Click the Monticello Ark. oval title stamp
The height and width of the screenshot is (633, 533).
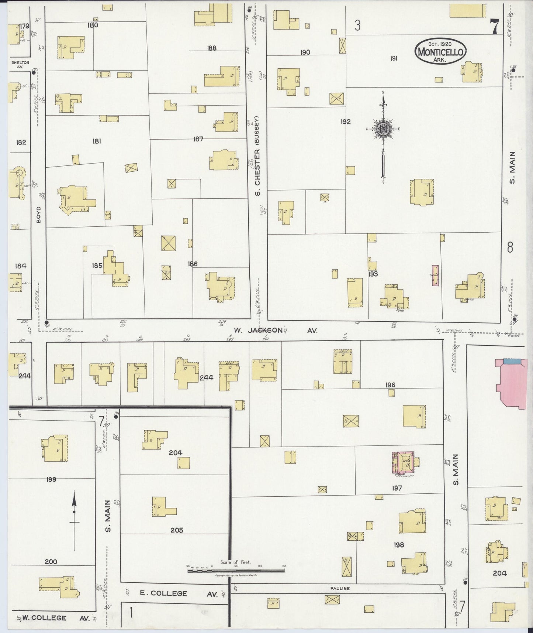440,52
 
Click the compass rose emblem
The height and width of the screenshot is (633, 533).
383,129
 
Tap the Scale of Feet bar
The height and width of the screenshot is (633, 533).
236,571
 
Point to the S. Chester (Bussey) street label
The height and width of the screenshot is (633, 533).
258,156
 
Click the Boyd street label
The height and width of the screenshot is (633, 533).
39,214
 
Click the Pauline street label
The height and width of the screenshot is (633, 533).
340,588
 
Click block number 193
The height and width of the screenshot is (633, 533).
373,274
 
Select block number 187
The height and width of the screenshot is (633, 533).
198,139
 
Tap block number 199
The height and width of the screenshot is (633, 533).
51,479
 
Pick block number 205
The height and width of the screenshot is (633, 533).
177,530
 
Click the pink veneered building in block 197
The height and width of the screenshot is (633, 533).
405,462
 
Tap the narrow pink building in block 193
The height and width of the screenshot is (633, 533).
435,275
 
